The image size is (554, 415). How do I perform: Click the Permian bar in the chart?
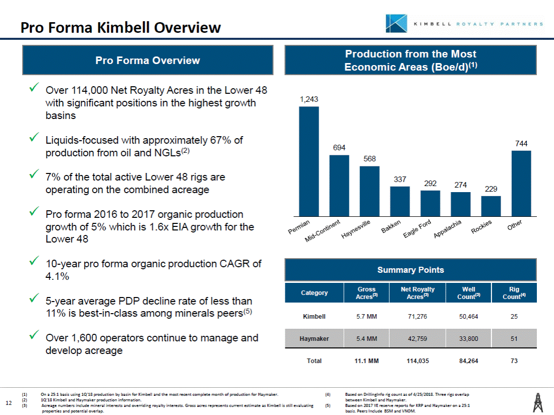[309, 161]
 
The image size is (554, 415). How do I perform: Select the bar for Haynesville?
[370, 191]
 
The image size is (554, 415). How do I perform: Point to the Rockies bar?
[491, 206]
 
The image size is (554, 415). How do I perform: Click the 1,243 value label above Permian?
[309, 100]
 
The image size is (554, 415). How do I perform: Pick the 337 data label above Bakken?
[400, 180]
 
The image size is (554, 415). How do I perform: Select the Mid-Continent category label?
[324, 230]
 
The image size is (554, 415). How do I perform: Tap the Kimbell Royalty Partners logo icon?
[396, 23]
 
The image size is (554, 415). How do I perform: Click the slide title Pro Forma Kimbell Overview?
[121, 27]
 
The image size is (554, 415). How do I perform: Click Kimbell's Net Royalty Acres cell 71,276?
[417, 317]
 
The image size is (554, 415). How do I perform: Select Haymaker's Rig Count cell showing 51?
[514, 338]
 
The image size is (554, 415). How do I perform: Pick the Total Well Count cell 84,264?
[469, 361]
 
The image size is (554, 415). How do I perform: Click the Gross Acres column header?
[366, 292]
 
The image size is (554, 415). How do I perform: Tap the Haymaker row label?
[314, 338]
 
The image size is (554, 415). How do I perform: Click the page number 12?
[8, 402]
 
